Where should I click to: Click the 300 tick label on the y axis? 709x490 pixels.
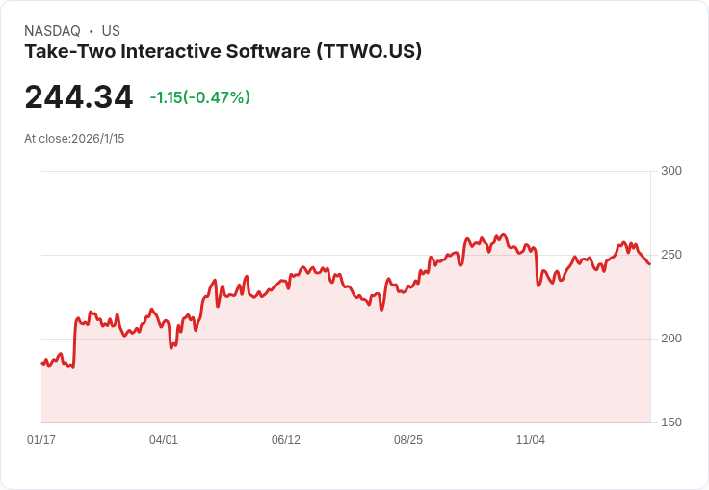pos(671,171)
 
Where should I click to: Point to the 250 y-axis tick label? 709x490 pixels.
pos(671,255)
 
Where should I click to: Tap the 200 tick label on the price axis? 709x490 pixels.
pos(671,339)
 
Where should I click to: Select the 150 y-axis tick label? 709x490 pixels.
pos(671,422)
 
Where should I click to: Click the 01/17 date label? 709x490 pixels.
pos(41,440)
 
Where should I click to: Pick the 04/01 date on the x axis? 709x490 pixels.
pos(164,440)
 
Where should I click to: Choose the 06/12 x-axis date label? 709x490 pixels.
pos(286,440)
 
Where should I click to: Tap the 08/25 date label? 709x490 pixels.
pos(408,440)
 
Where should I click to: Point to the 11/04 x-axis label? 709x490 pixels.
pos(531,440)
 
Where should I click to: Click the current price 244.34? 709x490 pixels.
pos(79,96)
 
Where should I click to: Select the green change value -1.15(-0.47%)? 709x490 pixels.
pos(199,97)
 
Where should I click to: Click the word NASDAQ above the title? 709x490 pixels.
pos(52,31)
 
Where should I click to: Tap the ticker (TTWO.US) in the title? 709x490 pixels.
pos(369,51)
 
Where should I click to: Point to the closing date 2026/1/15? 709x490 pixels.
pos(97,139)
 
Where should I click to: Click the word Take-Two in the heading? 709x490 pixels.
pos(69,51)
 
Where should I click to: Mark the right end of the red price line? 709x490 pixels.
pos(650,264)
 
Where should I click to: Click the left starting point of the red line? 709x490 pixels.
pos(41,363)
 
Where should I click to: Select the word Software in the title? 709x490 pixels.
pos(269,51)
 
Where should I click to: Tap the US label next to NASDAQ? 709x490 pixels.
pos(111,31)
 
